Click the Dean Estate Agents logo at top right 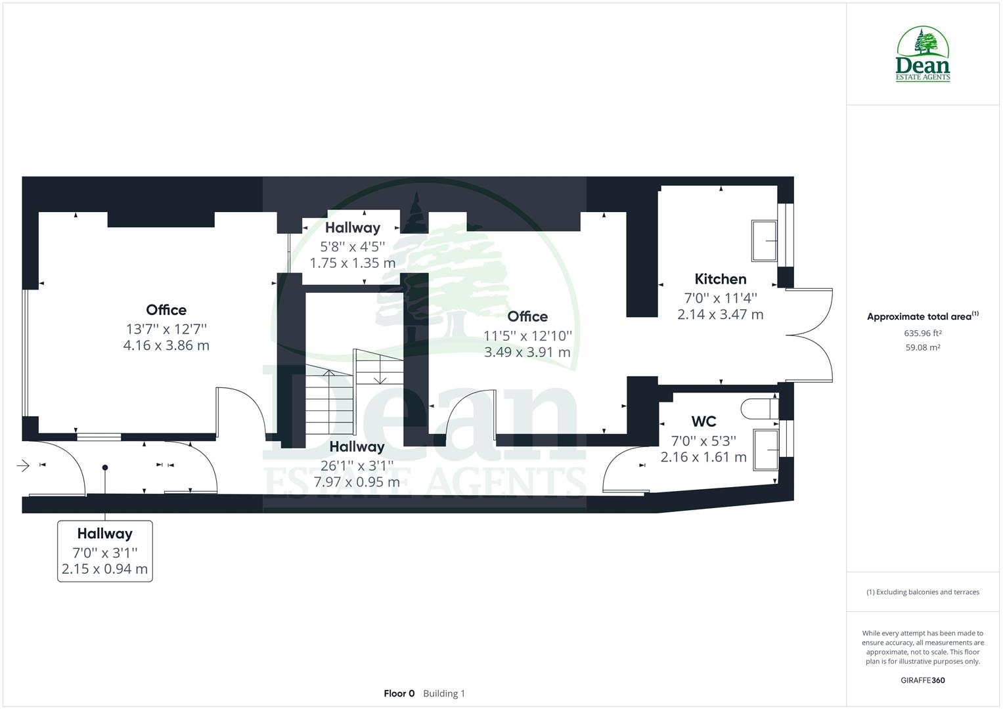923,54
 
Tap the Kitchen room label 720,279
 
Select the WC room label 703,421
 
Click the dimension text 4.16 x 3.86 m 166,345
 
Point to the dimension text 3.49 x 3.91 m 527,353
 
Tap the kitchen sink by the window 764,241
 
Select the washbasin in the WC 766,450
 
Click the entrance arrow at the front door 23,466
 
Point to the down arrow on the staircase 380,378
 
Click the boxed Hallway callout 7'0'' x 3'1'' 105,551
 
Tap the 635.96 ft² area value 922,333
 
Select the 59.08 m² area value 922,347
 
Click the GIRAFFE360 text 922,680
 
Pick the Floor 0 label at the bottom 399,693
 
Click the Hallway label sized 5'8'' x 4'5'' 353,228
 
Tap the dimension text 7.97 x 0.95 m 357,482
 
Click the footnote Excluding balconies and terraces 922,592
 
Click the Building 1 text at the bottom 444,693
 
